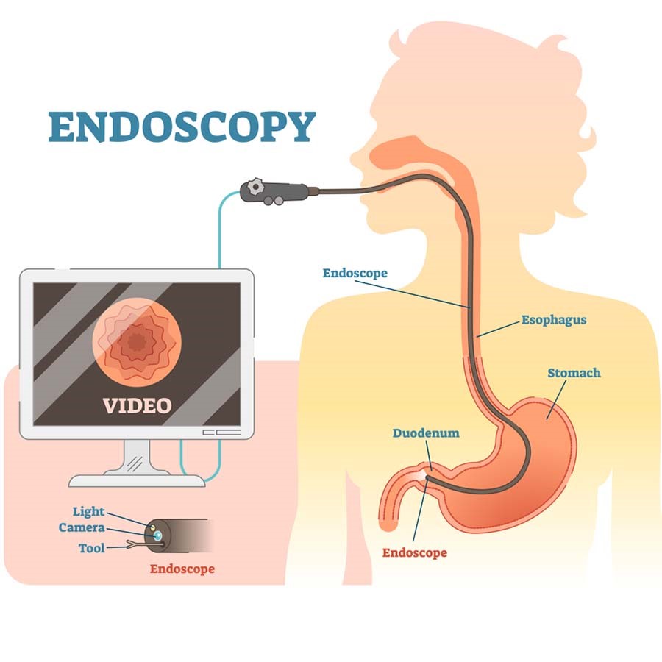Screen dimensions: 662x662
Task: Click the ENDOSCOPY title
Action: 182,127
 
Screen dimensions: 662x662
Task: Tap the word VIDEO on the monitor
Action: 137,405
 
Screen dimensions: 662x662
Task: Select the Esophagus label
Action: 554,320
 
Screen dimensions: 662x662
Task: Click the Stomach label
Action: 574,373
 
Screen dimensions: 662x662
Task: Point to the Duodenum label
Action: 425,433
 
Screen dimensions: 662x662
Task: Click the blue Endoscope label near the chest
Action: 355,274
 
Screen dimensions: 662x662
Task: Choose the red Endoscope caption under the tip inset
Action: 182,569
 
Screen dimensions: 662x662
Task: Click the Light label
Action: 88,512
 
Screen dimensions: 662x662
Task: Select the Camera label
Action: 82,528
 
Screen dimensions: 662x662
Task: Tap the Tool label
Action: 92,548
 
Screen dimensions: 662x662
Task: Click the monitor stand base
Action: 137,480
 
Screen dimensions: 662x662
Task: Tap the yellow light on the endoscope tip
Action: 152,528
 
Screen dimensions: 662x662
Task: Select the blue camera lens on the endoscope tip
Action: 157,537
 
